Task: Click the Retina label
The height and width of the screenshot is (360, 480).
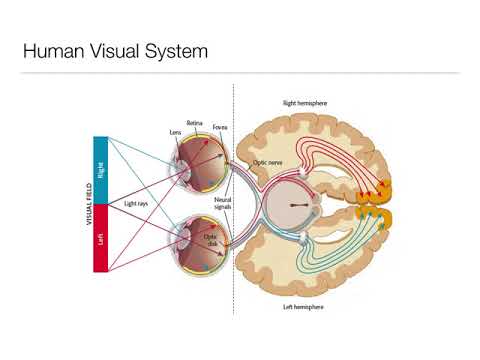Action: pos(195,123)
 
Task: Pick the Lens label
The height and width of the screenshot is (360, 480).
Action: pos(176,131)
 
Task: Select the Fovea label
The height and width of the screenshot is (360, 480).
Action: pos(220,128)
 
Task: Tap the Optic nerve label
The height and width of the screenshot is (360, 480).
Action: pos(267,160)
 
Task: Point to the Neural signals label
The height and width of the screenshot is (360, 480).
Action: pos(223,205)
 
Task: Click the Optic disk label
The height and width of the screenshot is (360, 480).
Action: pos(211,241)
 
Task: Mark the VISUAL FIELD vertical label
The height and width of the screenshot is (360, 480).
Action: pos(89,205)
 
